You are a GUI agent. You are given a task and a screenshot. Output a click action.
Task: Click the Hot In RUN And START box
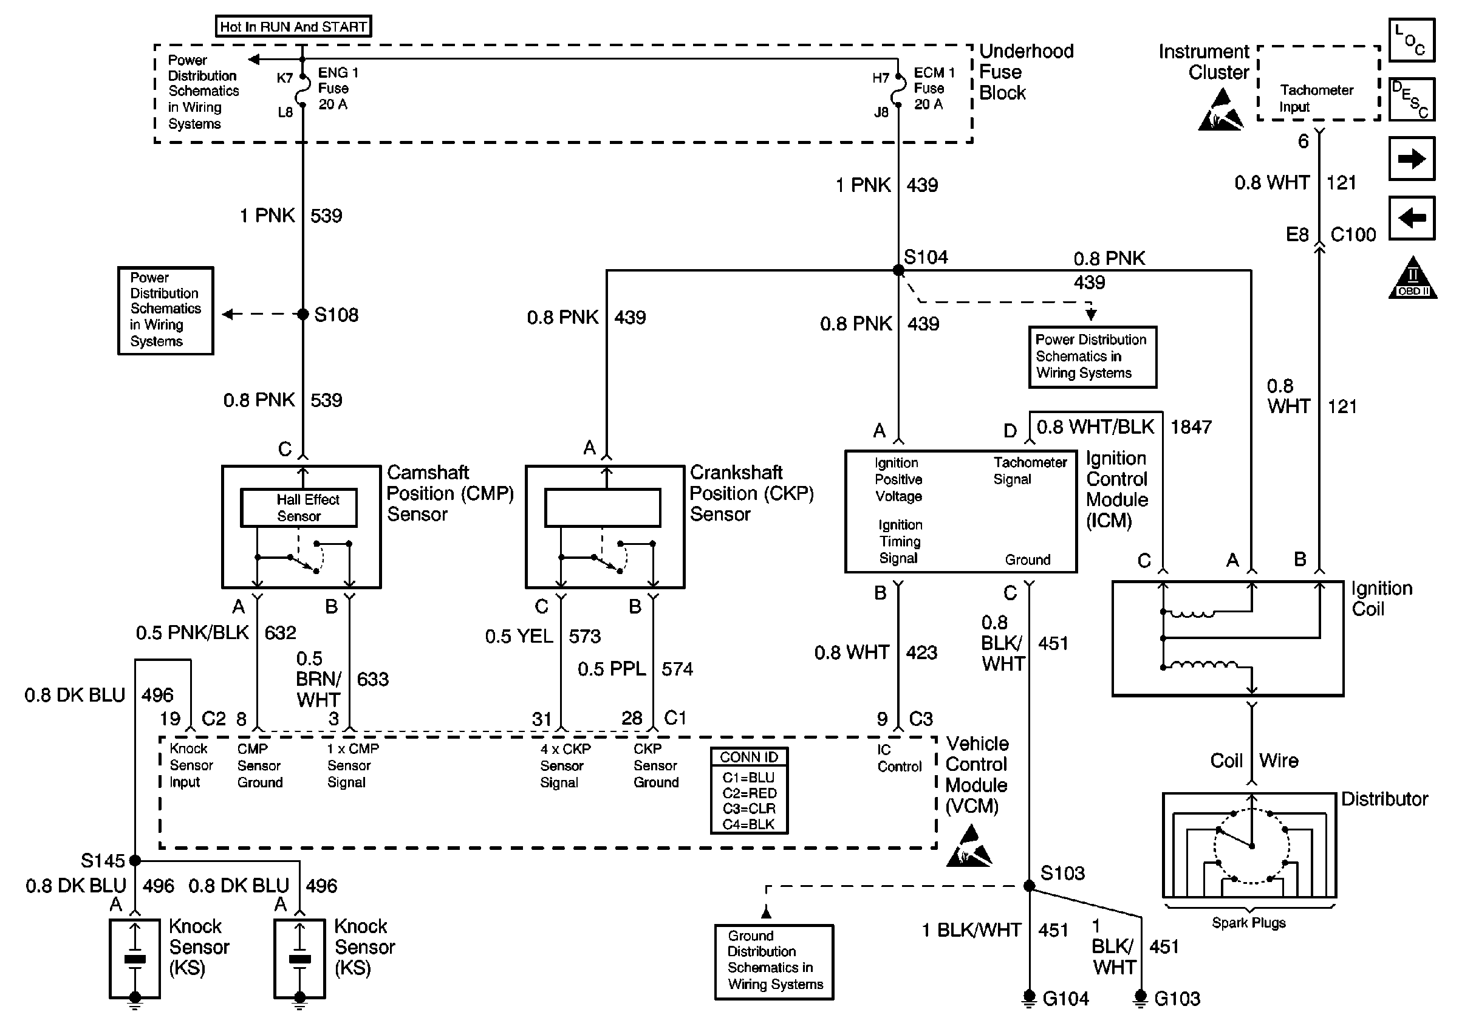click(x=293, y=26)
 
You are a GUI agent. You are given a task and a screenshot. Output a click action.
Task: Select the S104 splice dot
click(x=898, y=271)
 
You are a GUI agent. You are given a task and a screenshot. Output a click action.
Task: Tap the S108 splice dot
click(x=303, y=314)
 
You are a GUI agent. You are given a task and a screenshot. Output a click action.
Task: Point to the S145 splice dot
click(x=135, y=860)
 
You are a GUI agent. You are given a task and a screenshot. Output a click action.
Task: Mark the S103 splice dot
click(x=1029, y=886)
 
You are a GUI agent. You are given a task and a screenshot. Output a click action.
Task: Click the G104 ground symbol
click(x=1029, y=999)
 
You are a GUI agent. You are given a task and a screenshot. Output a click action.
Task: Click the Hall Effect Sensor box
click(x=299, y=508)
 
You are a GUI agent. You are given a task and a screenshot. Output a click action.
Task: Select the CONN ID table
click(x=749, y=790)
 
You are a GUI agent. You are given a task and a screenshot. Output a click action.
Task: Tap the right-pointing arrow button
click(x=1412, y=158)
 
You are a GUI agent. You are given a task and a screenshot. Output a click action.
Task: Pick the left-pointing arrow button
click(x=1412, y=218)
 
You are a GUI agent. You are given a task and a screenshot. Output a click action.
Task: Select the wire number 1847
click(x=1191, y=427)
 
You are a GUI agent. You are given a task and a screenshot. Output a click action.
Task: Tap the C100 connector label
click(x=1353, y=235)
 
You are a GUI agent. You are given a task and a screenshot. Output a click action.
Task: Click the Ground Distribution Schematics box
click(x=774, y=962)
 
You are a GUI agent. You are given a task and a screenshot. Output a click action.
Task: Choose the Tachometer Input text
click(x=1316, y=98)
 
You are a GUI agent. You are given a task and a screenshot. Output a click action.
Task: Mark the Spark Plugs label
click(x=1249, y=923)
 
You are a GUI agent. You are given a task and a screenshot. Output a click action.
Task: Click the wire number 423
click(x=921, y=652)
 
